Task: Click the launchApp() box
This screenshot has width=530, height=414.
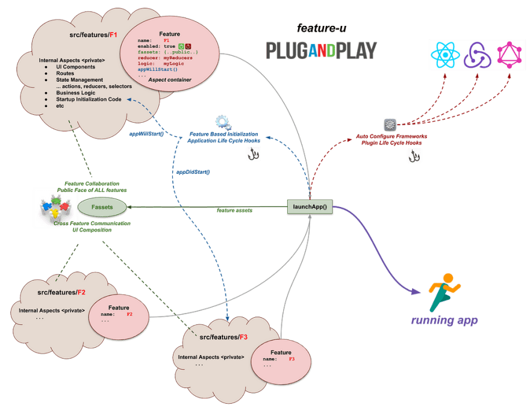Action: click(310, 206)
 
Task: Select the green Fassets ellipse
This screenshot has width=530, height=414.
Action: click(102, 207)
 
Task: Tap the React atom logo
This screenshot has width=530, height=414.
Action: click(445, 55)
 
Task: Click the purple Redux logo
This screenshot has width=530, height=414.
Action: click(477, 55)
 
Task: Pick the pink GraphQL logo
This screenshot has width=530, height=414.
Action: click(510, 55)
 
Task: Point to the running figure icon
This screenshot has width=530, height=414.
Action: click(444, 292)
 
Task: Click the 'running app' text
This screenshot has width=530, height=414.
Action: click(444, 320)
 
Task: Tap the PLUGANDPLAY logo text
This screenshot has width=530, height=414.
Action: click(321, 51)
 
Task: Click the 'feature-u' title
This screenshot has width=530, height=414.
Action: click(322, 28)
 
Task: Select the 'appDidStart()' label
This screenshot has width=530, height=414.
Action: click(193, 172)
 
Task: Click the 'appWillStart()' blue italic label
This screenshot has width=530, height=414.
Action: click(146, 134)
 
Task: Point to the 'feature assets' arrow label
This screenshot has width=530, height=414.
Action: click(234, 211)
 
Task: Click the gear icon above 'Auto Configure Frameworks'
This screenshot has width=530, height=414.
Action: click(390, 125)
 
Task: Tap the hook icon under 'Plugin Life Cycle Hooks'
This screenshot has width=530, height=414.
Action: click(414, 156)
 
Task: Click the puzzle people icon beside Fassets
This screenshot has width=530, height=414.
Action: click(56, 208)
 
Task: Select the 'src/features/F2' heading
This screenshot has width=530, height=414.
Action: click(61, 292)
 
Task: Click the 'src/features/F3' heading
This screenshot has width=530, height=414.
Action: click(223, 337)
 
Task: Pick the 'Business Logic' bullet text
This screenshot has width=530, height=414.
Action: click(76, 93)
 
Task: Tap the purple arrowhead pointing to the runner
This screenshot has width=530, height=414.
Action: click(416, 291)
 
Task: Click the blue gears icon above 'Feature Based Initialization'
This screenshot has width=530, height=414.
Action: click(223, 123)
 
